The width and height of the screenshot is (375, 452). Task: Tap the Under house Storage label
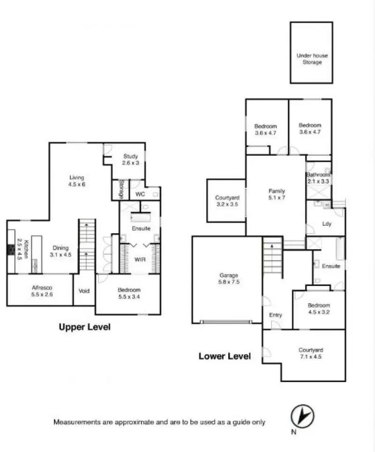[x=312, y=59]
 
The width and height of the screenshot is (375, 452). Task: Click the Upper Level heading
[x=84, y=327]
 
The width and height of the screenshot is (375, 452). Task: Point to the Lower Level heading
[x=225, y=356]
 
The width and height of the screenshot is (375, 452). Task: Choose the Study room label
[x=131, y=160]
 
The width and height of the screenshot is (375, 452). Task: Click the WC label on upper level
[x=140, y=194]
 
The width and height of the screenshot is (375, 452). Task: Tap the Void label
[x=84, y=291]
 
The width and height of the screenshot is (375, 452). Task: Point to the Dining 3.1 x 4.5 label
[x=60, y=251]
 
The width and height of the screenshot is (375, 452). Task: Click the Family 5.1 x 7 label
[x=277, y=194]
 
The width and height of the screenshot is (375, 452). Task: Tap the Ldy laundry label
[x=327, y=223]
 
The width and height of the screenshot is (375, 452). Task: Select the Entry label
[x=276, y=314]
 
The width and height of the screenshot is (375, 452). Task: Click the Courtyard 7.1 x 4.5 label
[x=311, y=353]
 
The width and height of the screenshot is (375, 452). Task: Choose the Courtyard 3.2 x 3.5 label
[x=227, y=201]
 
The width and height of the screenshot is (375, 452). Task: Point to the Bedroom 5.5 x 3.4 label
[x=129, y=293]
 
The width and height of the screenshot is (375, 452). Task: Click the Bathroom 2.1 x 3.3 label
[x=319, y=177]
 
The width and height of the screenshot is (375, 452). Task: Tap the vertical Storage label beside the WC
[x=121, y=189]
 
